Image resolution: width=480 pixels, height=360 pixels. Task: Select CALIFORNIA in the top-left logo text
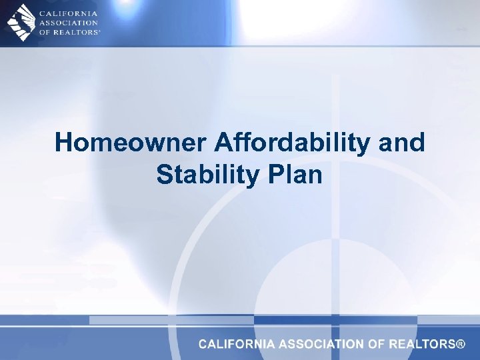68,13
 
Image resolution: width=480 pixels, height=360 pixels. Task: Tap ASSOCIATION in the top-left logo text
69,22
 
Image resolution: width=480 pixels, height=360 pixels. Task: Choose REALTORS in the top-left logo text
77,31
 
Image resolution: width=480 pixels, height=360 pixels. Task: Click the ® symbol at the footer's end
460,345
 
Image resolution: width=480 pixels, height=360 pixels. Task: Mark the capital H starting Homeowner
64,143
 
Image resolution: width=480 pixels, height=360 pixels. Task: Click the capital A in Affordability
224,143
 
